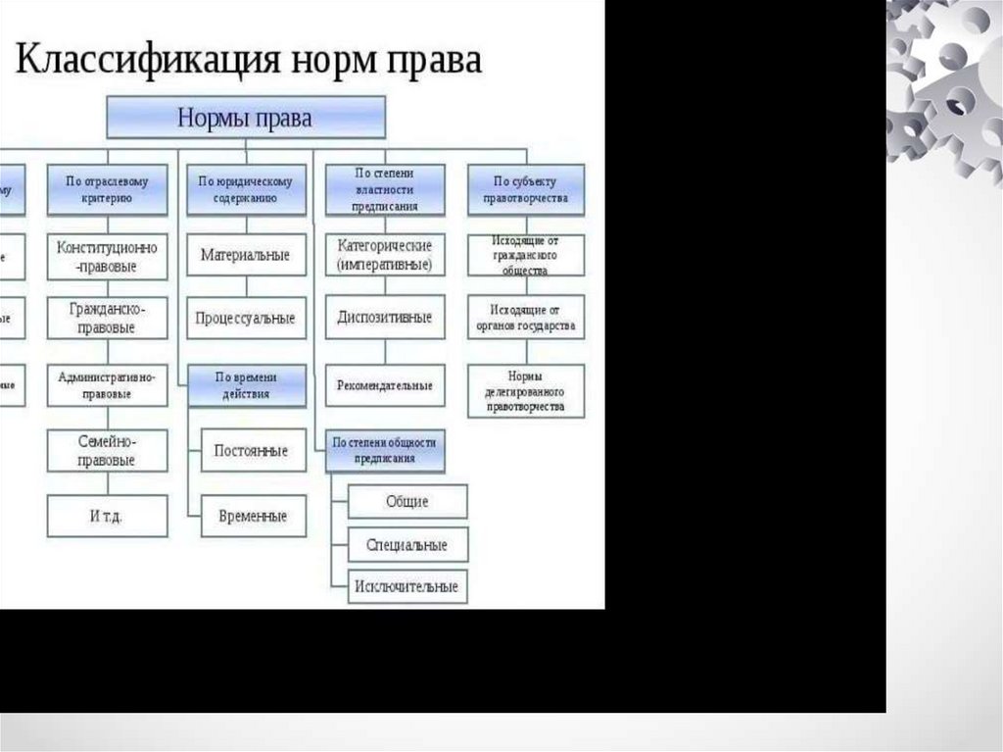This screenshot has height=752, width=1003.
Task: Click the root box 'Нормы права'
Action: [245, 118]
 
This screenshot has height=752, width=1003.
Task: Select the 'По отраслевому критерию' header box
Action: [107, 189]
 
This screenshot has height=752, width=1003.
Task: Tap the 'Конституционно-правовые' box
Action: [107, 256]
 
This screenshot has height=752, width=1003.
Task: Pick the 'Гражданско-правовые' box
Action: [107, 319]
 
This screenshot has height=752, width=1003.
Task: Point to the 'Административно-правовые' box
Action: [107, 385]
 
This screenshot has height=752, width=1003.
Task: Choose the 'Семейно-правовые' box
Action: [107, 451]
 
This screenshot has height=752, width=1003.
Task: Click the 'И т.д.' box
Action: [107, 516]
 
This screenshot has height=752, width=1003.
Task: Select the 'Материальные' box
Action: [246, 255]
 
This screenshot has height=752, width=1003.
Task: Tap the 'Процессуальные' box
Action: [246, 319]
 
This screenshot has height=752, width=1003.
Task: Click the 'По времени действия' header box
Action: [246, 385]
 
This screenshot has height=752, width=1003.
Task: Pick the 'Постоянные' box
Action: [252, 451]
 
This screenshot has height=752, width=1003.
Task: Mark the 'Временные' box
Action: [252, 516]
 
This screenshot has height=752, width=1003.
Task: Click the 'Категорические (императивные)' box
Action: [385, 255]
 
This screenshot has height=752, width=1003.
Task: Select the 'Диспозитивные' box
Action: [385, 319]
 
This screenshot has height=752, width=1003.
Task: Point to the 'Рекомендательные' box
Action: [385, 385]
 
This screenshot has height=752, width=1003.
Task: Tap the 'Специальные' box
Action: [407, 544]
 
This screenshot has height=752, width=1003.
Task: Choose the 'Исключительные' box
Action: [407, 586]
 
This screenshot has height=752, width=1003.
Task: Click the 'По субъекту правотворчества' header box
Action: [526, 189]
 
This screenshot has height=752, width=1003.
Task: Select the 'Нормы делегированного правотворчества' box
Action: [526, 390]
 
